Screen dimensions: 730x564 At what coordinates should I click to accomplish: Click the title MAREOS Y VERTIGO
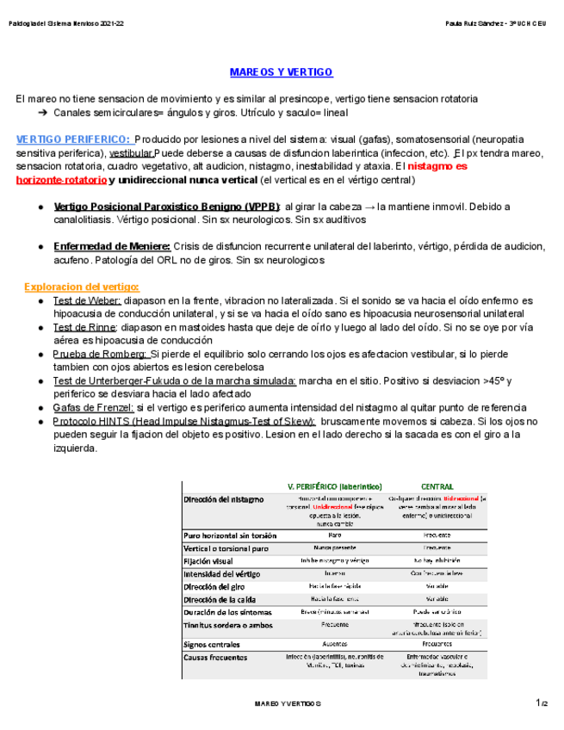click(281, 72)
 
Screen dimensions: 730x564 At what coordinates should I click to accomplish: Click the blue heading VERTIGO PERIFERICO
click(73, 139)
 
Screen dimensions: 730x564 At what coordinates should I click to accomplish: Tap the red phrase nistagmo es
click(437, 165)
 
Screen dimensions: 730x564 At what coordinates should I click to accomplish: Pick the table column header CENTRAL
click(437, 486)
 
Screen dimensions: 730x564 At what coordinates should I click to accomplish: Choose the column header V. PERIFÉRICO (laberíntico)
click(335, 486)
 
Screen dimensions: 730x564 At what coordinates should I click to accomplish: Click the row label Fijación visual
click(208, 560)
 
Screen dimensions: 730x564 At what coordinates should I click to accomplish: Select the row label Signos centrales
click(212, 643)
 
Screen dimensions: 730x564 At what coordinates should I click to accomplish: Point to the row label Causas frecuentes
click(213, 657)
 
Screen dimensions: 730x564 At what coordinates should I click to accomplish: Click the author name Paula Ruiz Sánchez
click(474, 22)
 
